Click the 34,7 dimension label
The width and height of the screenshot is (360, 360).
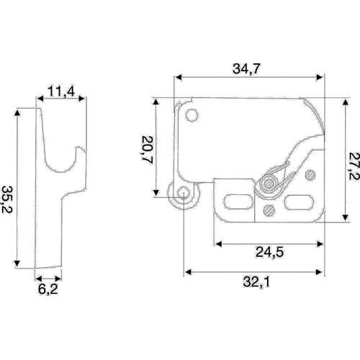246,69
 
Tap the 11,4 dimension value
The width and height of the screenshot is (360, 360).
61,91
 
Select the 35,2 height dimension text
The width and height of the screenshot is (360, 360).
6,199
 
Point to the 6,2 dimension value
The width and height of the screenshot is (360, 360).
48,289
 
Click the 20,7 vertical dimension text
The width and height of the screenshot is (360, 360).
147,150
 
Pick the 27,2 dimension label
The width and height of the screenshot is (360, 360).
354,166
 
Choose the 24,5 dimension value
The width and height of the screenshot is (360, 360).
269,252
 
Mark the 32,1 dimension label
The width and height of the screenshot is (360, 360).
256,282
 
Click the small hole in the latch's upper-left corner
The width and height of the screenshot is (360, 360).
192,115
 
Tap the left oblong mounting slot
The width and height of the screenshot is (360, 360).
238,202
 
